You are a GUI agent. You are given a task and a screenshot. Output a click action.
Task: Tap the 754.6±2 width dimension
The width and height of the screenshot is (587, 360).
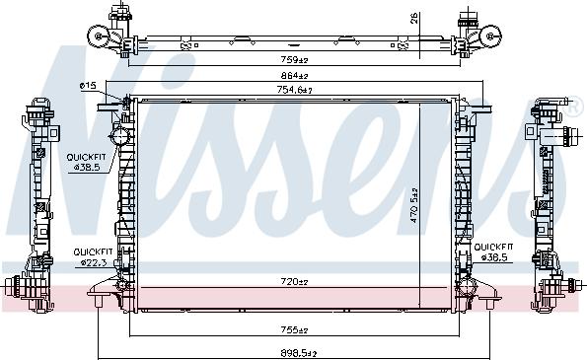pyautogui.click(x=294, y=91)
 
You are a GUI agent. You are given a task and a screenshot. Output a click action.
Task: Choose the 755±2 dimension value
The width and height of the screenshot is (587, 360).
pyautogui.click(x=293, y=330)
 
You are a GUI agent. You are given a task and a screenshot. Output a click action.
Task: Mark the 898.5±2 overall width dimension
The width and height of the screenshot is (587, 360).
pyautogui.click(x=293, y=351)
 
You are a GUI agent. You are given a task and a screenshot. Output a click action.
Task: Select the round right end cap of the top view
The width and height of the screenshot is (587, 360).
pyautogui.click(x=489, y=37)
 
